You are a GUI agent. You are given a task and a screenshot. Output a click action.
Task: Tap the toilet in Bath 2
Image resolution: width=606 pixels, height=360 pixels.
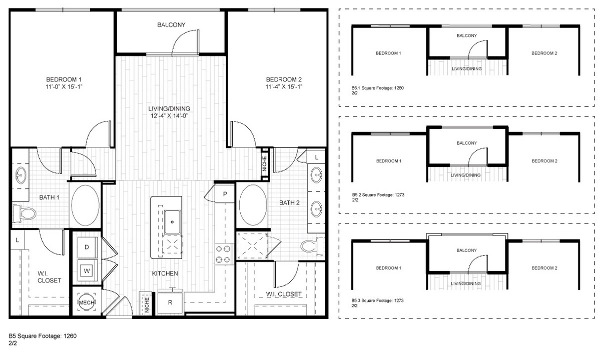(312, 246)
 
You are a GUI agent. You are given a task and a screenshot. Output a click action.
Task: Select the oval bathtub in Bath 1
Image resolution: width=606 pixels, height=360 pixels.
(85, 205)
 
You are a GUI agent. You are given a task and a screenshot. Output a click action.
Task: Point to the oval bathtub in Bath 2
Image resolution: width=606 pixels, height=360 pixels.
(253, 205)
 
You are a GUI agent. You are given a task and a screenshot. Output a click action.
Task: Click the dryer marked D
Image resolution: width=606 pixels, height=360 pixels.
(87, 247)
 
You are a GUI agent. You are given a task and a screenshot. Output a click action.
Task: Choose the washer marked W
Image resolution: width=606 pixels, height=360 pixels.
(87, 271)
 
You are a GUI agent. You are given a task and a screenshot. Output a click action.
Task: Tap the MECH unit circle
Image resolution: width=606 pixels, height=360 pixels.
(87, 302)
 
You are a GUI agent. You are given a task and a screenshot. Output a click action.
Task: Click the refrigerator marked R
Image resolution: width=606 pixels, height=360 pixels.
(170, 302)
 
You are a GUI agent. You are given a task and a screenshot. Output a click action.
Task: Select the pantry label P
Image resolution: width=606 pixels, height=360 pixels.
(225, 194)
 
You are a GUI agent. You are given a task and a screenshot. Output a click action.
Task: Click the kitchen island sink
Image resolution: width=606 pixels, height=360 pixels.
(172, 222)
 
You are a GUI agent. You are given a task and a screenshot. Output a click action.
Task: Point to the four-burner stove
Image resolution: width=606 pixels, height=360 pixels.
(223, 254)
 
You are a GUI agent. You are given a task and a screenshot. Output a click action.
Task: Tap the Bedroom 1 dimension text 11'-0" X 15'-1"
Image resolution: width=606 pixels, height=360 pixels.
(64, 87)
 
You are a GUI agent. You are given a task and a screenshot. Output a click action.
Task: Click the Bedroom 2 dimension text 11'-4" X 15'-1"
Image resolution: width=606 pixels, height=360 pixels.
(284, 87)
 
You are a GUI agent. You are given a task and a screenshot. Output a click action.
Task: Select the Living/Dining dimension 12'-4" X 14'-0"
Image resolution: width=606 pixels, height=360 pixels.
(169, 115)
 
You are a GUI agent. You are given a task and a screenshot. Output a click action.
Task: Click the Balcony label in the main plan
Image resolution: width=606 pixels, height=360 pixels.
(171, 25)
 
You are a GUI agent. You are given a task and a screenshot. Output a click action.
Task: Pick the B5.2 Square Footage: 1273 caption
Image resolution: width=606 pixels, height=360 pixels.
(378, 194)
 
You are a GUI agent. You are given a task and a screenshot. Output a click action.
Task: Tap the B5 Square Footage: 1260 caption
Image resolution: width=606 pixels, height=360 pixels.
(43, 336)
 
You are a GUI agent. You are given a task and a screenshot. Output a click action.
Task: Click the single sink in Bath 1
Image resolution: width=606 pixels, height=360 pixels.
(21, 175)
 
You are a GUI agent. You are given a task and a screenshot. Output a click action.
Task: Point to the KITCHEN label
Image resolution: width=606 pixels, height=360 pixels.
(165, 273)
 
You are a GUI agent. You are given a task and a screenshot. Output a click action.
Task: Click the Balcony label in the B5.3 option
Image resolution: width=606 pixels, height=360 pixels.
(467, 250)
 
